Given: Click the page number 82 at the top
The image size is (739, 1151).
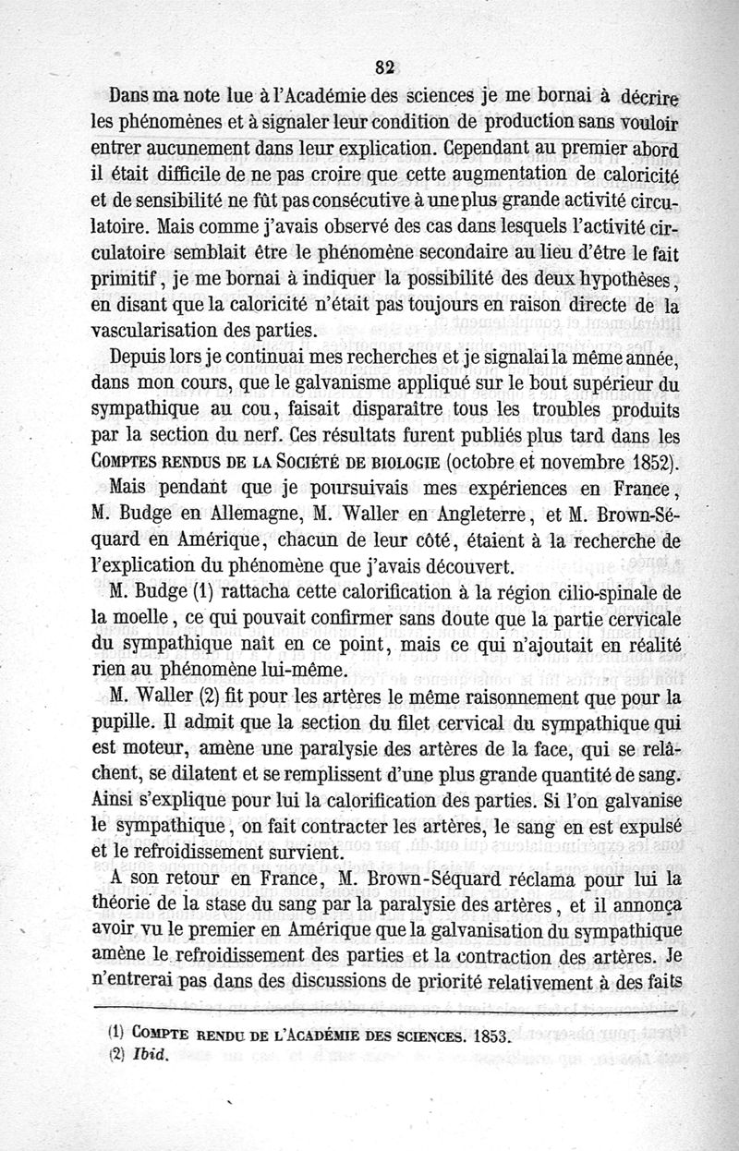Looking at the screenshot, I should tap(385, 66).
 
